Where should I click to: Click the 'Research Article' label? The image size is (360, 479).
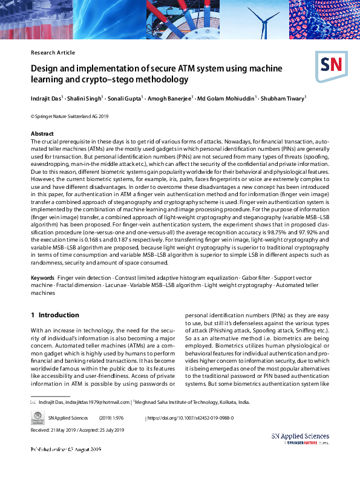click(x=53, y=53)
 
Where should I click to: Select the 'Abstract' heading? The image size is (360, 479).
click(x=42, y=133)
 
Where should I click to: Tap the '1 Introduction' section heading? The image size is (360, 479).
click(x=55, y=315)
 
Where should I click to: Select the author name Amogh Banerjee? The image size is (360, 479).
click(x=169, y=97)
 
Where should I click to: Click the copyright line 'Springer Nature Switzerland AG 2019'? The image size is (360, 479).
click(x=70, y=116)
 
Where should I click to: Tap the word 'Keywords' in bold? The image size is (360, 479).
click(x=42, y=277)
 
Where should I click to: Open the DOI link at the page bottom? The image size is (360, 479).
click(x=191, y=418)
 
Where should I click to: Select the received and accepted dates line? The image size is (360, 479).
click(x=77, y=430)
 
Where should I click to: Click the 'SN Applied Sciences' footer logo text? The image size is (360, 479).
click(x=300, y=436)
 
